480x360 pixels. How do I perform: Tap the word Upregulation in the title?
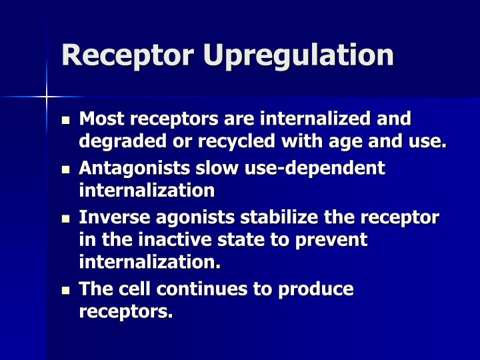tap(299, 56)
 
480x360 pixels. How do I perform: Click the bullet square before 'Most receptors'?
tap(65, 121)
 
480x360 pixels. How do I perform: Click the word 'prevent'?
tap(333, 240)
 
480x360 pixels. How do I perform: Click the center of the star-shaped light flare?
tap(47, 97)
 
